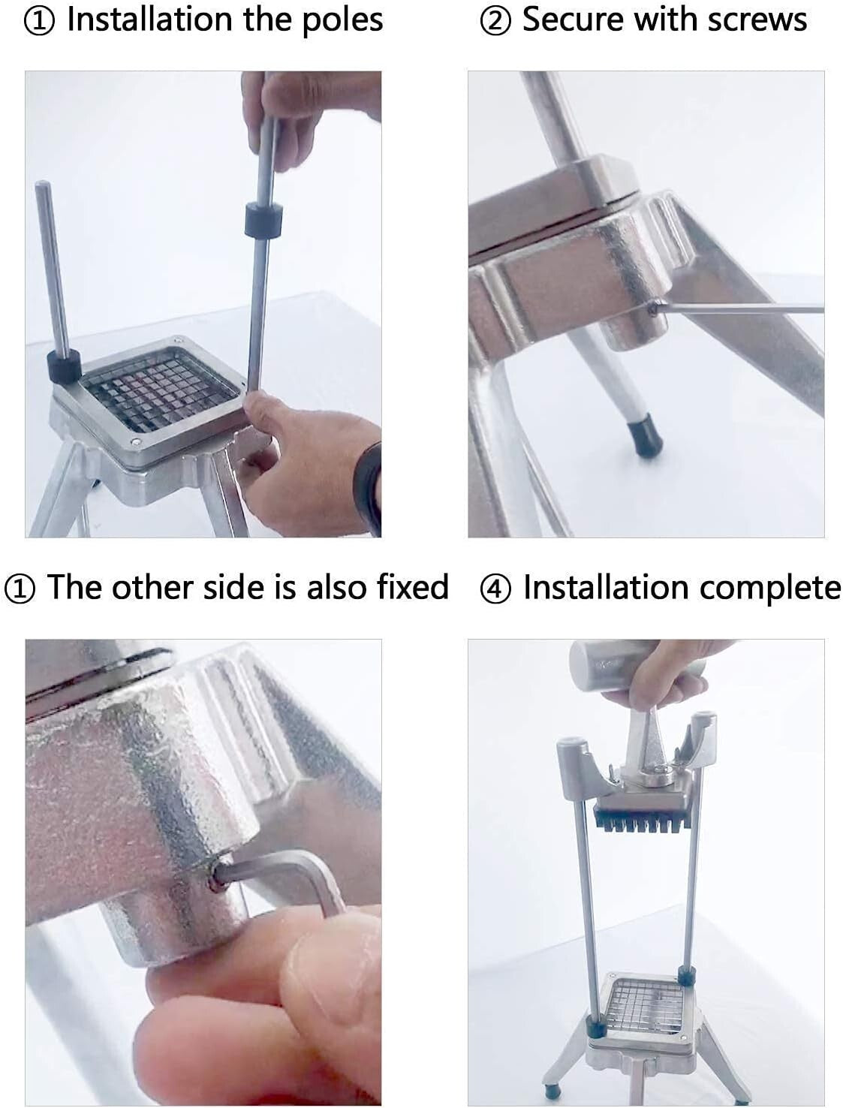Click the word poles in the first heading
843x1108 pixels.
click(342, 21)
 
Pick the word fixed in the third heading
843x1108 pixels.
click(412, 586)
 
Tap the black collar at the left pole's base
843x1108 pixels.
click(64, 366)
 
